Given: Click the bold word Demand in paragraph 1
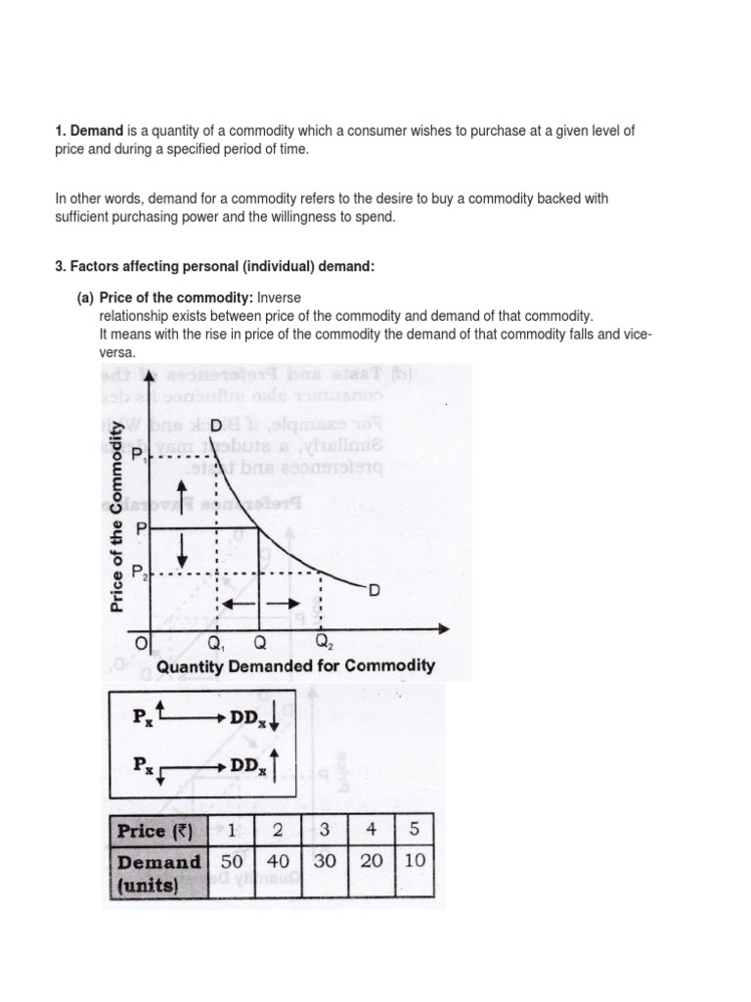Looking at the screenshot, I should coord(96,130).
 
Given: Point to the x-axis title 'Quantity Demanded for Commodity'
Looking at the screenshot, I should coord(296,666).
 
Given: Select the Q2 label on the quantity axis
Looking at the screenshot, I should coord(323,643).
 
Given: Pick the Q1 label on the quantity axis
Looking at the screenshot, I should coord(217,643).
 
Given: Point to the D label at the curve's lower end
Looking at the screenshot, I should coord(373,589).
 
